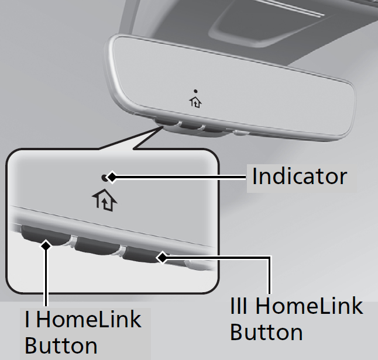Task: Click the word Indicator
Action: point(299,176)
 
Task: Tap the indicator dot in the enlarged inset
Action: point(105,176)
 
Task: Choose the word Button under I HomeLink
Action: point(61,345)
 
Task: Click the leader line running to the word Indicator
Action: point(178,176)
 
